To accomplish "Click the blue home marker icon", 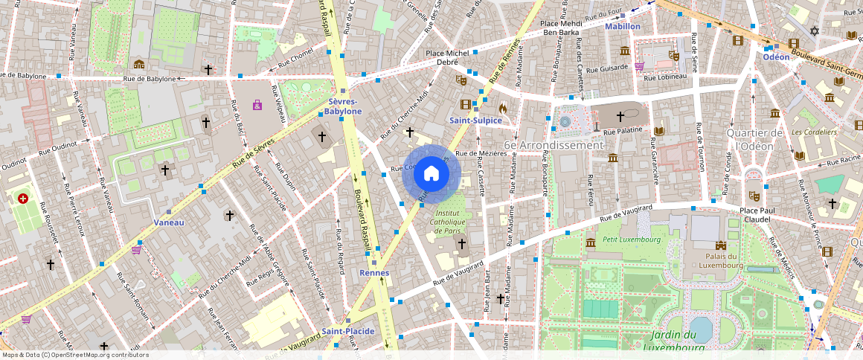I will pos(431,174).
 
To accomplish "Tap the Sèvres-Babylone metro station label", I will pos(342,106).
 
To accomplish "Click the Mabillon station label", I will pos(623,26).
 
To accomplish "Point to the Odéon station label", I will pos(776,57).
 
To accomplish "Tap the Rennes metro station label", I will pos(374,273).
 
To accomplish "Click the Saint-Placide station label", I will pos(348,331).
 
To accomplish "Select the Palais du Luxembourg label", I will pos(720,260).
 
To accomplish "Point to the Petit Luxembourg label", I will pos(632,240).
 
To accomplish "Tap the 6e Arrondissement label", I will pos(554,145).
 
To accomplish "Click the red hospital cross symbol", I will pos(23,199).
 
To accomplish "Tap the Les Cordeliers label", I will pos(814,132).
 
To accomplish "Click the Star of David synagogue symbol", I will pos(814,31).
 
